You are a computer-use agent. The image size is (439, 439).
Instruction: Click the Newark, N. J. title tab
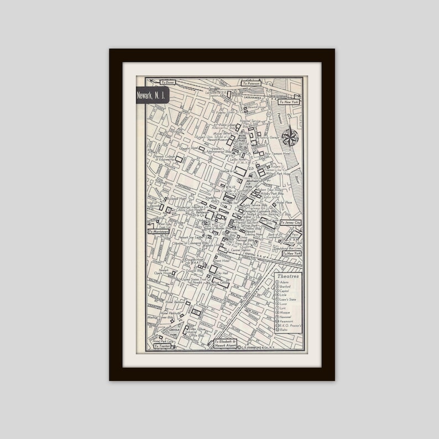(153, 96)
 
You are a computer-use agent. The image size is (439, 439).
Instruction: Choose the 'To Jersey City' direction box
(290, 222)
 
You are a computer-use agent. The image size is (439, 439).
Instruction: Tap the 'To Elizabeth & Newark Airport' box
(228, 344)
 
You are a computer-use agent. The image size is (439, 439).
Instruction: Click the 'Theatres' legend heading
(288, 276)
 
